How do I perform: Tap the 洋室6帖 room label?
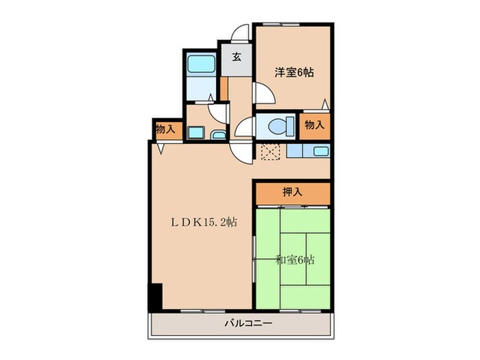pos(295,71)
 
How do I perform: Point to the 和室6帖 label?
pos(296,260)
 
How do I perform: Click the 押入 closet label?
pos(292,193)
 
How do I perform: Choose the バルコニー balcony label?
pos(248,323)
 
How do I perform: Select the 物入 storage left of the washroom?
pos(165,128)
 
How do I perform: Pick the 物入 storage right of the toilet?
pos(314,125)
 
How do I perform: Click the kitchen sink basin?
pos(320,152)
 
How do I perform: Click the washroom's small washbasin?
pos(217,134)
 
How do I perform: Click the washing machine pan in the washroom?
pos(195,132)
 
